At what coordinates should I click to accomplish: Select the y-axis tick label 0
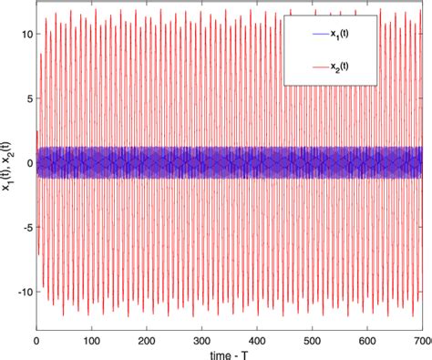click(x=27, y=163)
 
